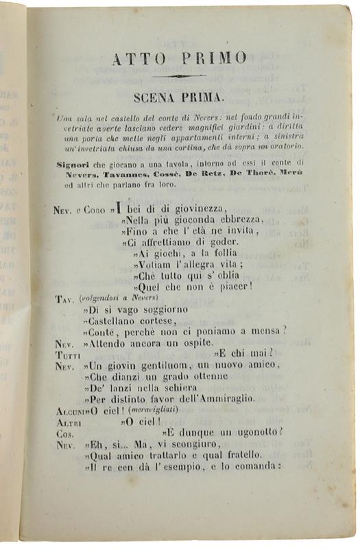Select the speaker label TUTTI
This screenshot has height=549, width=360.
pyautogui.click(x=68, y=354)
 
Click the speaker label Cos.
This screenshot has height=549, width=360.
pyautogui.click(x=65, y=433)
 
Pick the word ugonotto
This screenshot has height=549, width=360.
pyautogui.click(x=256, y=432)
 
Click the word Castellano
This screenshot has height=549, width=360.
pyautogui.click(x=114, y=320)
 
